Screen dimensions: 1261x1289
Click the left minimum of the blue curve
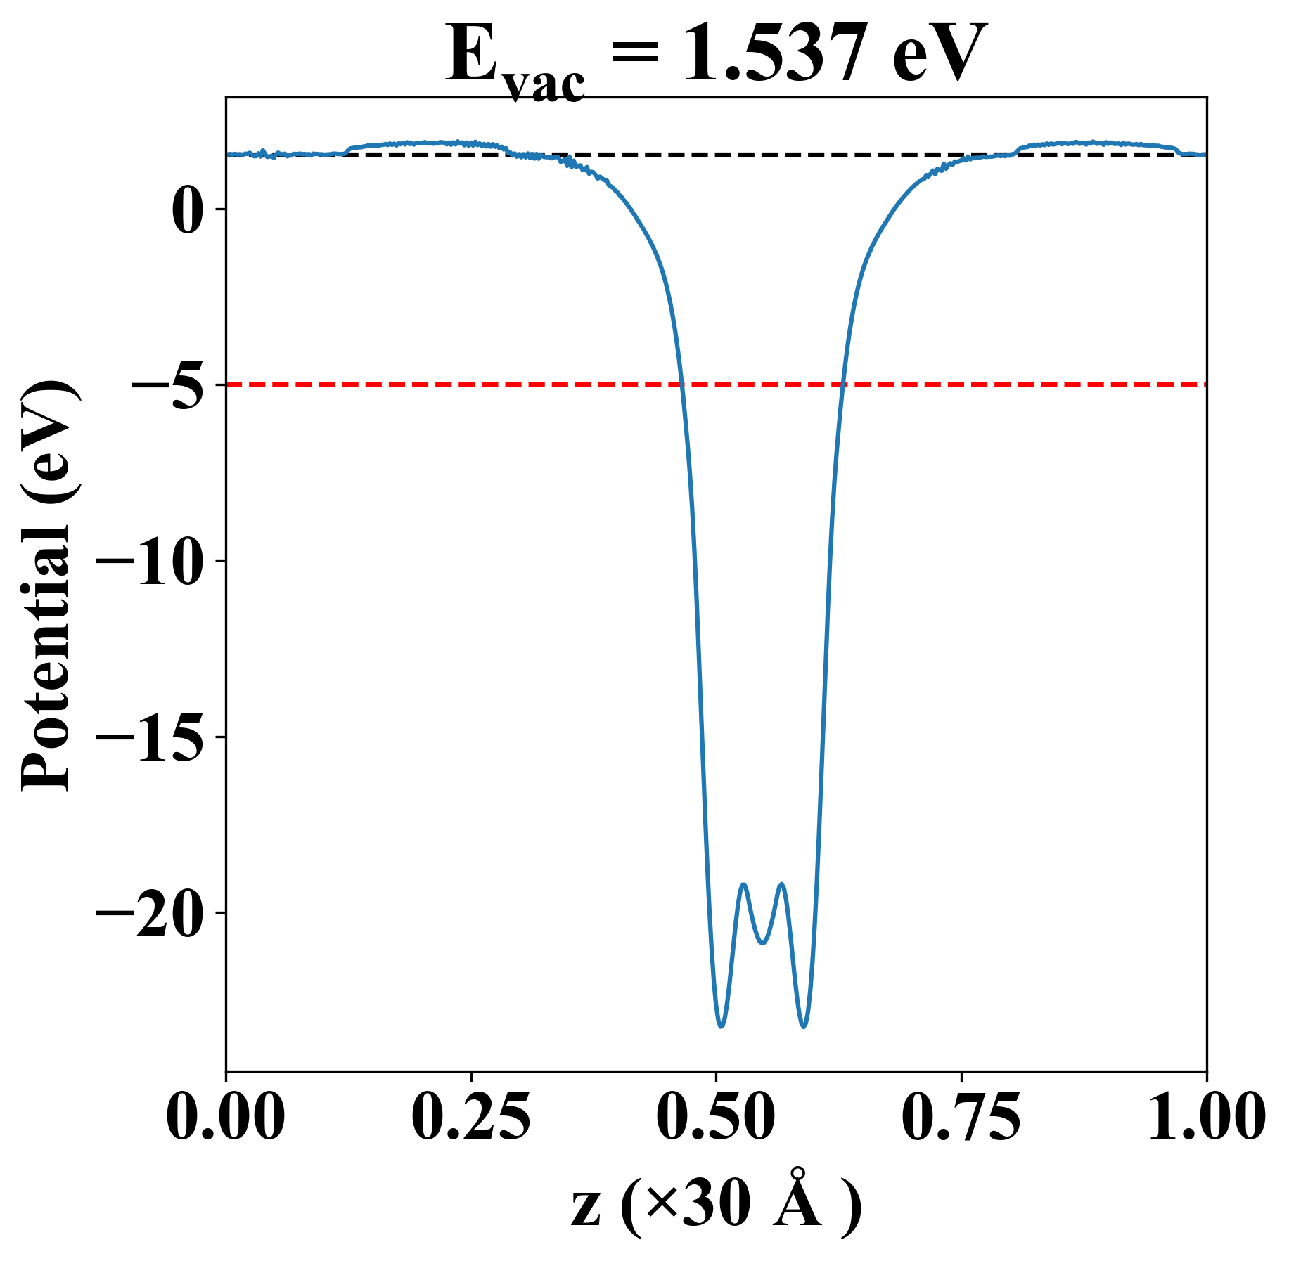click(721, 1026)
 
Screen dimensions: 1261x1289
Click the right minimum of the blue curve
click(804, 1026)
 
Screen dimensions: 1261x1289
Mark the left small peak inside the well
click(743, 884)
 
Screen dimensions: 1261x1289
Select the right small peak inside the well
click(781, 884)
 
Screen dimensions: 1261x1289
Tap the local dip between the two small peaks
click(762, 943)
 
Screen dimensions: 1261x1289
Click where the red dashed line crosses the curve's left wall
click(681, 384)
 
